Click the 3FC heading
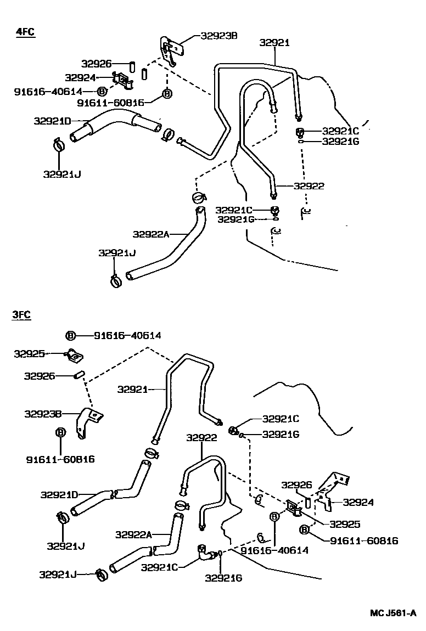(22, 314)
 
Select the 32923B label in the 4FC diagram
(218, 36)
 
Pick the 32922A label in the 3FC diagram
(133, 534)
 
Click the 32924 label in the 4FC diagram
(81, 78)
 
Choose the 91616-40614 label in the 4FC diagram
(48, 92)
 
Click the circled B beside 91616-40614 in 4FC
(102, 92)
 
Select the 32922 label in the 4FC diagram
(309, 186)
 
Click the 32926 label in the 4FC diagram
(97, 64)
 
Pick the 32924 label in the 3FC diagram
(358, 502)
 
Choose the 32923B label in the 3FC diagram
(42, 414)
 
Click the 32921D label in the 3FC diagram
(58, 494)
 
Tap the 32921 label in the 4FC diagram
(274, 43)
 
